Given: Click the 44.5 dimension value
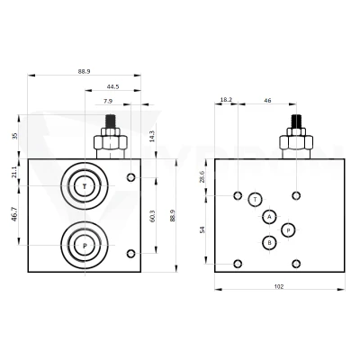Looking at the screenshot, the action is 112,86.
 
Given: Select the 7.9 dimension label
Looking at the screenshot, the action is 108,102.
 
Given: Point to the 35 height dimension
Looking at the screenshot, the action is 16,136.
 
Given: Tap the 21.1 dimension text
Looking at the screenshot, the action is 14,173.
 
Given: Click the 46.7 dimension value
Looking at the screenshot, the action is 14,214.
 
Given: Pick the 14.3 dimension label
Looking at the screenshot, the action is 152,136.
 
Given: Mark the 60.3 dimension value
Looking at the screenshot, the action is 152,216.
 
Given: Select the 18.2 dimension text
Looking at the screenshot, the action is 226,100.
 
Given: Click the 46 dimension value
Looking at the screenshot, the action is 267,101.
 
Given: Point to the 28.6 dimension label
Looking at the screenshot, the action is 202,176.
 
